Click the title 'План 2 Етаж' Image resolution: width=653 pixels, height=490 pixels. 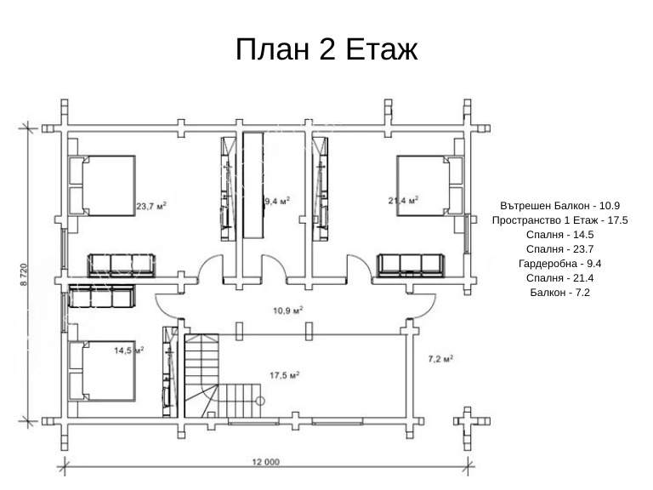point(326,49)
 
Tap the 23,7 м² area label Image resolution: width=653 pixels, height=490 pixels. point(151,206)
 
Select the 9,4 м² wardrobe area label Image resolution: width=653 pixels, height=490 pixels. point(277,202)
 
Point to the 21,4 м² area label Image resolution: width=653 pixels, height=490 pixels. point(403,201)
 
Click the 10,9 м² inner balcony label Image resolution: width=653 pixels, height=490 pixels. point(287,311)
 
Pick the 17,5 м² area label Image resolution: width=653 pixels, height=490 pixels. point(285,375)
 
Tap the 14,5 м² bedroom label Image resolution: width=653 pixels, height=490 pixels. point(129,350)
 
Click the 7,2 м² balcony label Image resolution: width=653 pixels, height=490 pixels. point(440,358)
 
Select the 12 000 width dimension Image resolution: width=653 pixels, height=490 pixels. point(265,462)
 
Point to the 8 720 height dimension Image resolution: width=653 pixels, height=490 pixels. point(23,275)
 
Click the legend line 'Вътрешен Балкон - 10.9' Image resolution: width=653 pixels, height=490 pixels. point(559,205)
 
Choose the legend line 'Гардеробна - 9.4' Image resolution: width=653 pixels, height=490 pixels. point(559,264)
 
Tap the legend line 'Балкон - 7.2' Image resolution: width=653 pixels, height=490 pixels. point(559,292)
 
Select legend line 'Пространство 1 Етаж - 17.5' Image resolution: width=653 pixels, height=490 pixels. point(559,220)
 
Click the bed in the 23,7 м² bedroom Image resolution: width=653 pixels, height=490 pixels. point(102,185)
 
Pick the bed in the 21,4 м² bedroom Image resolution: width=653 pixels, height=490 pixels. point(429,185)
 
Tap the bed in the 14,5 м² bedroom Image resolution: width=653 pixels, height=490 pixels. point(102,371)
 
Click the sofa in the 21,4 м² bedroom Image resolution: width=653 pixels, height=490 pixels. point(411,265)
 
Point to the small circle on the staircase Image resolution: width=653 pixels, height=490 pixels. point(260,402)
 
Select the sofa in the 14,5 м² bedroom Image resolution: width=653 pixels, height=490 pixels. point(101,296)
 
